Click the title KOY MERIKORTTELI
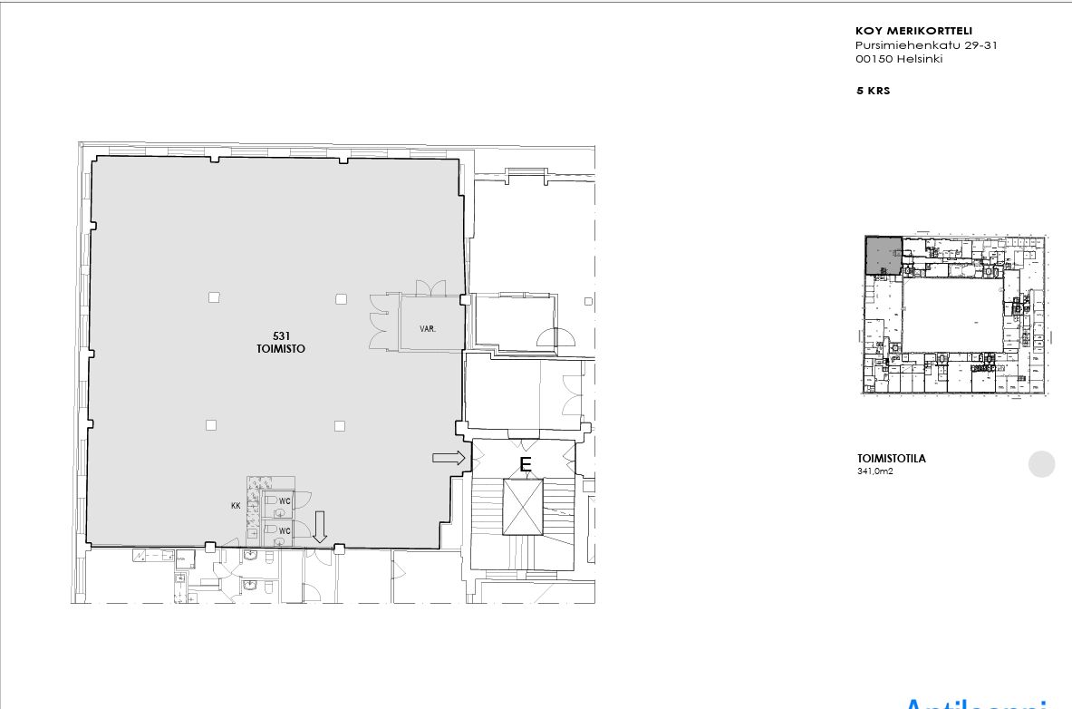click(x=913, y=31)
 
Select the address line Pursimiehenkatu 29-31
click(x=926, y=45)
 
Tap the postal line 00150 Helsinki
click(x=899, y=59)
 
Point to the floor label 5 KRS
click(x=874, y=91)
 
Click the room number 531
click(x=281, y=336)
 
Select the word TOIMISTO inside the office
click(x=281, y=348)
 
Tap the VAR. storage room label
click(x=428, y=328)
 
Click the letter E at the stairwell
click(x=525, y=465)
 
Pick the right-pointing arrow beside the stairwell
click(x=449, y=458)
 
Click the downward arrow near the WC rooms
click(x=319, y=527)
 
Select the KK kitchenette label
click(x=236, y=506)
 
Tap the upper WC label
click(x=285, y=500)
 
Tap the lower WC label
click(x=285, y=530)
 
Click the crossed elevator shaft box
click(x=523, y=507)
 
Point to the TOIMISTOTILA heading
click(x=892, y=459)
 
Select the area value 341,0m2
click(x=874, y=471)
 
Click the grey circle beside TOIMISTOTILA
click(x=1042, y=464)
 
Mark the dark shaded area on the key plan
click(x=883, y=255)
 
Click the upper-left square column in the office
click(x=214, y=296)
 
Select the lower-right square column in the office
click(x=339, y=425)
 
